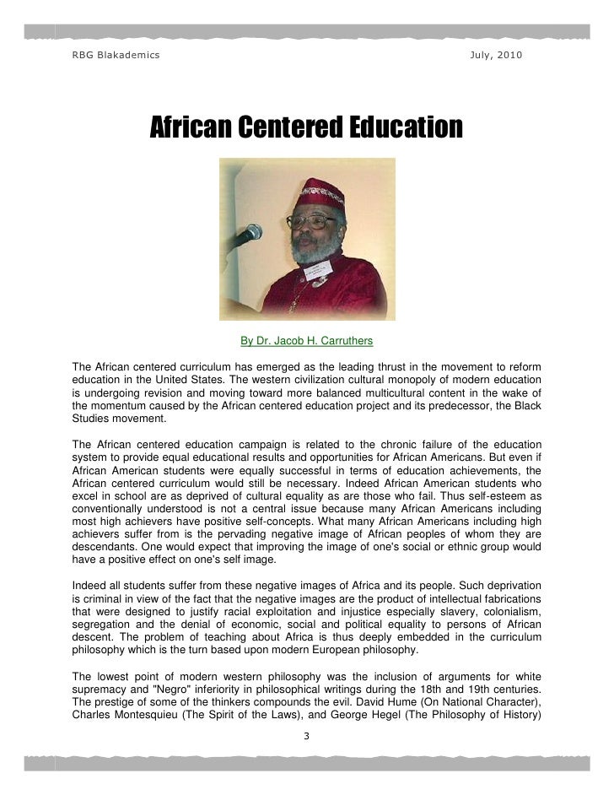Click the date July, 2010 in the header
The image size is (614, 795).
(x=495, y=56)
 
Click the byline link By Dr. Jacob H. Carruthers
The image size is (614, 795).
(x=306, y=341)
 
